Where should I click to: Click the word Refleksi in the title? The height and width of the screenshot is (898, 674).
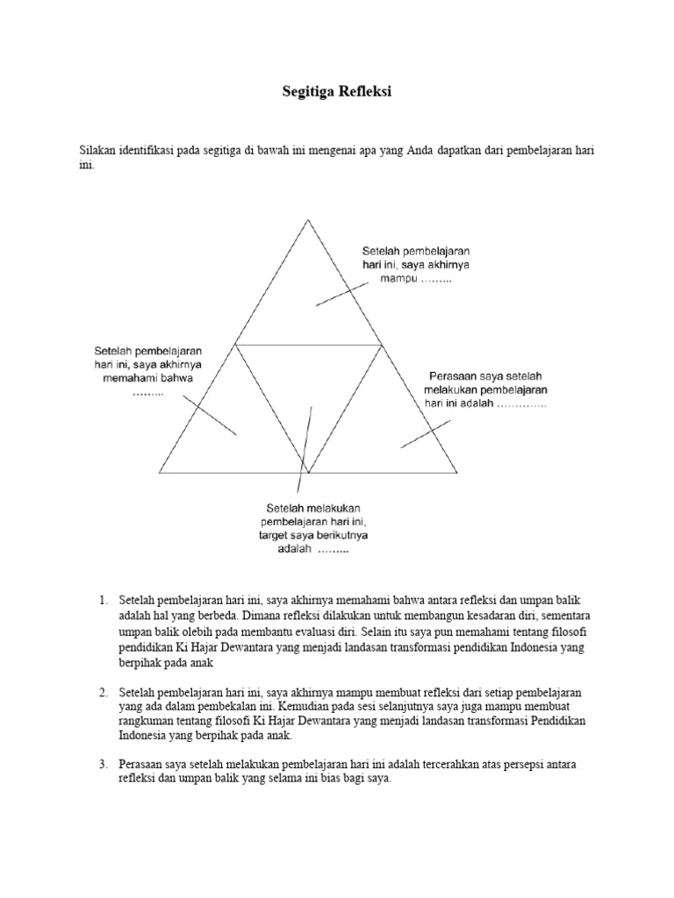click(x=368, y=91)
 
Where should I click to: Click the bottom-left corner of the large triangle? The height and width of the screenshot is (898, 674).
click(x=160, y=472)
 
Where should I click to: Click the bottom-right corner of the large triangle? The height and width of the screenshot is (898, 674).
click(x=457, y=472)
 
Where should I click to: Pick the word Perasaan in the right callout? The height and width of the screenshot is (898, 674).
click(x=453, y=375)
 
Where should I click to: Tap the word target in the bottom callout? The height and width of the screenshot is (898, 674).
click(x=283, y=535)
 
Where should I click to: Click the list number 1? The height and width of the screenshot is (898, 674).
click(x=103, y=601)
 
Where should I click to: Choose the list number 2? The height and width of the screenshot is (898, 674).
click(x=103, y=693)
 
